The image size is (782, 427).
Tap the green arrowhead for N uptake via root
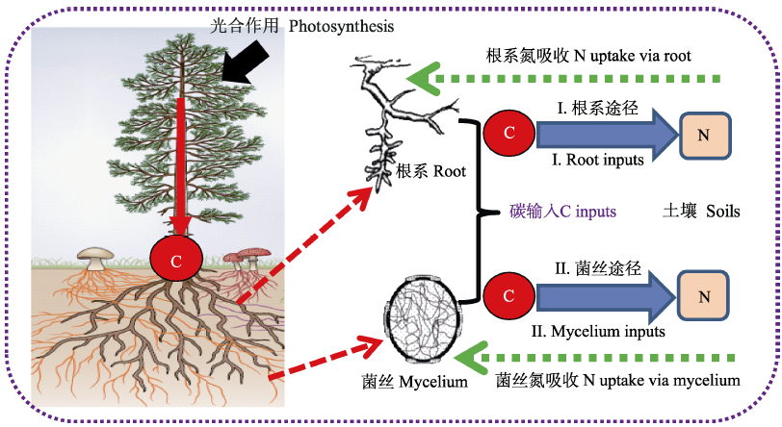click(420, 78)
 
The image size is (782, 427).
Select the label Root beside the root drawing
click(449, 173)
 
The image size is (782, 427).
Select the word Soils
click(721, 211)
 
